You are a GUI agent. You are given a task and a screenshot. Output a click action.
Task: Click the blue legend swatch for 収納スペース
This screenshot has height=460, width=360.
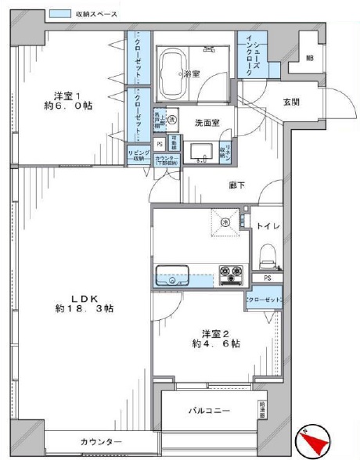click(59, 14)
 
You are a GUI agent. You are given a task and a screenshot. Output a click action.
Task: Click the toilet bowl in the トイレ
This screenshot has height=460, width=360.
click(267, 252)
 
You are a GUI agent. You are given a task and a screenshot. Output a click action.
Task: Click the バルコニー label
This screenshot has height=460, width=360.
click(209, 410)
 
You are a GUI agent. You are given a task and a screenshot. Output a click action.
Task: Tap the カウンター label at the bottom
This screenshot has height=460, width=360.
click(101, 443)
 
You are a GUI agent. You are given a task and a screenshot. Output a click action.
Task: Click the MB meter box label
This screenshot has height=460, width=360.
click(309, 58)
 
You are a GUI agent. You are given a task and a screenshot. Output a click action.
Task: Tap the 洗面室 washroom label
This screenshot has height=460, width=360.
click(206, 123)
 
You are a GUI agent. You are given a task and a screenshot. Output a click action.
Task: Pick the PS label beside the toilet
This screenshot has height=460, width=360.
click(267, 278)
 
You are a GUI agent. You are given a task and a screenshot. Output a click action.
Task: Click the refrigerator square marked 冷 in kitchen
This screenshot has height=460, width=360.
click(225, 221)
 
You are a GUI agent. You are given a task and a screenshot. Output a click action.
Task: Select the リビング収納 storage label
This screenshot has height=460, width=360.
click(139, 155)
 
